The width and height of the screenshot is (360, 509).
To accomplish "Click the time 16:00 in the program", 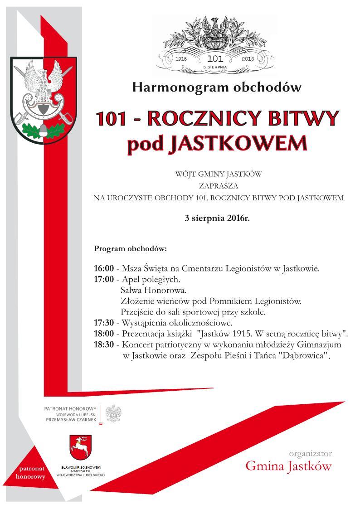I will (104, 268).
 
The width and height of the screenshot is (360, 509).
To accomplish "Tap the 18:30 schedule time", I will (104, 345).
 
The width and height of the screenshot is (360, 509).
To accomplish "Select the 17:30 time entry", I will (104, 323).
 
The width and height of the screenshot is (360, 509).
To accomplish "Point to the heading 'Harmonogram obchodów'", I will (217, 87).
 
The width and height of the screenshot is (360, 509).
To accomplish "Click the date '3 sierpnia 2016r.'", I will (217, 218).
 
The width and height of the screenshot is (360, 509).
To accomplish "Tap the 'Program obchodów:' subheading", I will (130, 249).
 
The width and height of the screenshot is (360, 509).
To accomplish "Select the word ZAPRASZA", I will (218, 186).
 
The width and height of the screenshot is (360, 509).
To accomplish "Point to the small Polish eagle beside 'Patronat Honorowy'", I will (114, 413).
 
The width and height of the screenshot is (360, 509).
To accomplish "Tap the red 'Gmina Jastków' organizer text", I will (288, 466).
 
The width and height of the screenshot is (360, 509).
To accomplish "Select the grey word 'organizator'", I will (310, 453).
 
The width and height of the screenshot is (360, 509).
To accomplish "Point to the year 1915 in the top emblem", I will (181, 59).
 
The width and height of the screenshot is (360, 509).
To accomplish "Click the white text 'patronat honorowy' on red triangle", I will (30, 472).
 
